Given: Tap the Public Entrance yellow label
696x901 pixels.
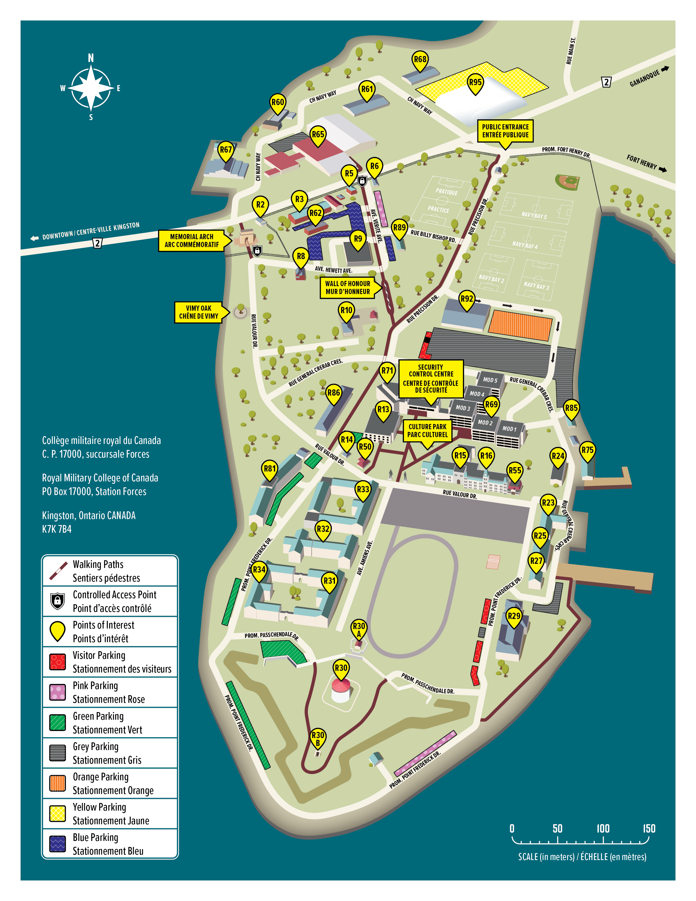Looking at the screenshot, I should coord(505,131).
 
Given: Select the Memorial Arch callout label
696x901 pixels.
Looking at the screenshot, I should coord(192,241).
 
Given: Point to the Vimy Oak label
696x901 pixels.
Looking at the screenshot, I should coord(198,312).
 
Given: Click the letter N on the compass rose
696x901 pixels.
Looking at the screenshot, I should coord(91,58).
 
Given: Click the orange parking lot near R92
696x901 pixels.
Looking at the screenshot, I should coord(520,325).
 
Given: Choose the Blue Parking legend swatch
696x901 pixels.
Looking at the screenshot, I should coord(57,844).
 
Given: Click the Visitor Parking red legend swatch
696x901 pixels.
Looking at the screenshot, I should coord(57,662).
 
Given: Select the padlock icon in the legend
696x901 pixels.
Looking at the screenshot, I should coord(57,601).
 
